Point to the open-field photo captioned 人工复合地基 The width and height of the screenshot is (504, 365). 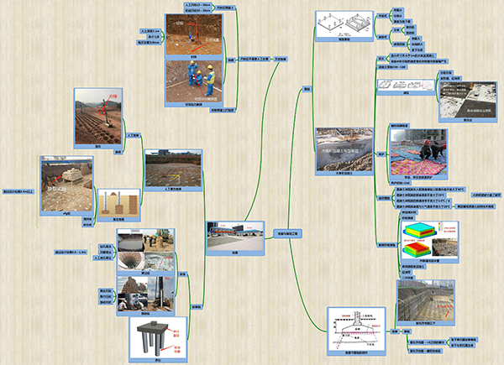coord(173,169)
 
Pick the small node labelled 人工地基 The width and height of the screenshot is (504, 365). coord(132,134)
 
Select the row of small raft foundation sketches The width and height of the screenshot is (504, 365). coord(397,85)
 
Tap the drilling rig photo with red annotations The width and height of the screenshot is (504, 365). coord(195,31)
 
